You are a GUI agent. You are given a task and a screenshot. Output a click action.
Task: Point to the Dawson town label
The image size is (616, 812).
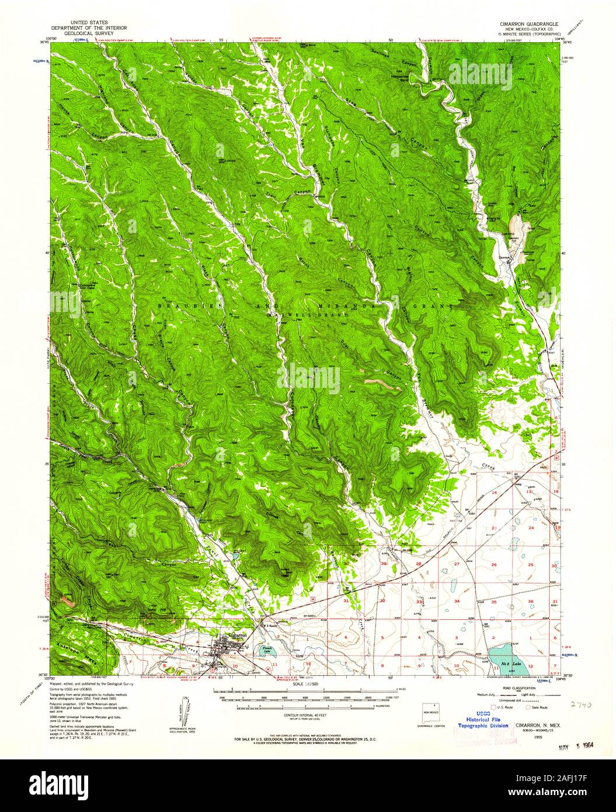pos(506,255)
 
